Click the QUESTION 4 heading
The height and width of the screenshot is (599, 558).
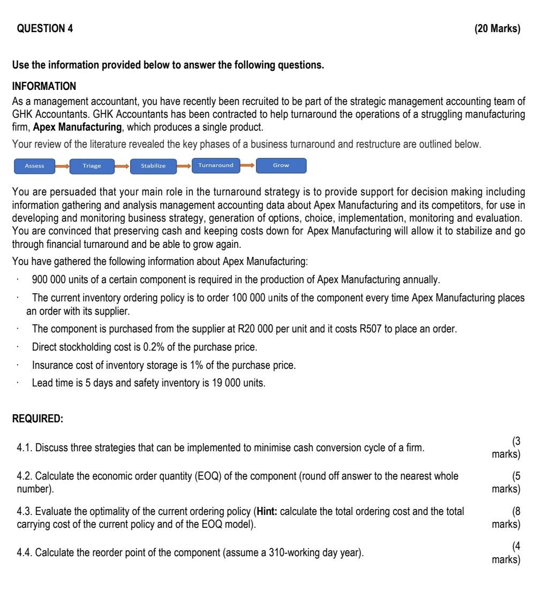pyautogui.click(x=46, y=29)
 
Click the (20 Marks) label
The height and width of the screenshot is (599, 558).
pyautogui.click(x=497, y=29)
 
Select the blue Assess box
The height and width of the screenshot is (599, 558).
pyautogui.click(x=35, y=166)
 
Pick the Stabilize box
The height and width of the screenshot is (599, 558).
pyautogui.click(x=153, y=166)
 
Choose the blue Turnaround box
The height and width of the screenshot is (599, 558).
pyautogui.click(x=215, y=165)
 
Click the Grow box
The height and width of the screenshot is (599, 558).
pyautogui.click(x=281, y=165)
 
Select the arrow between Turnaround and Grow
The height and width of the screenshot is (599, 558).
pyautogui.click(x=247, y=165)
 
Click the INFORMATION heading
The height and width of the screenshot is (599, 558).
pyautogui.click(x=44, y=86)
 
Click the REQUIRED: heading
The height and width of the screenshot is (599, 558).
pyautogui.click(x=37, y=420)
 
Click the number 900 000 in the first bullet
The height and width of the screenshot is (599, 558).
pyautogui.click(x=49, y=279)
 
